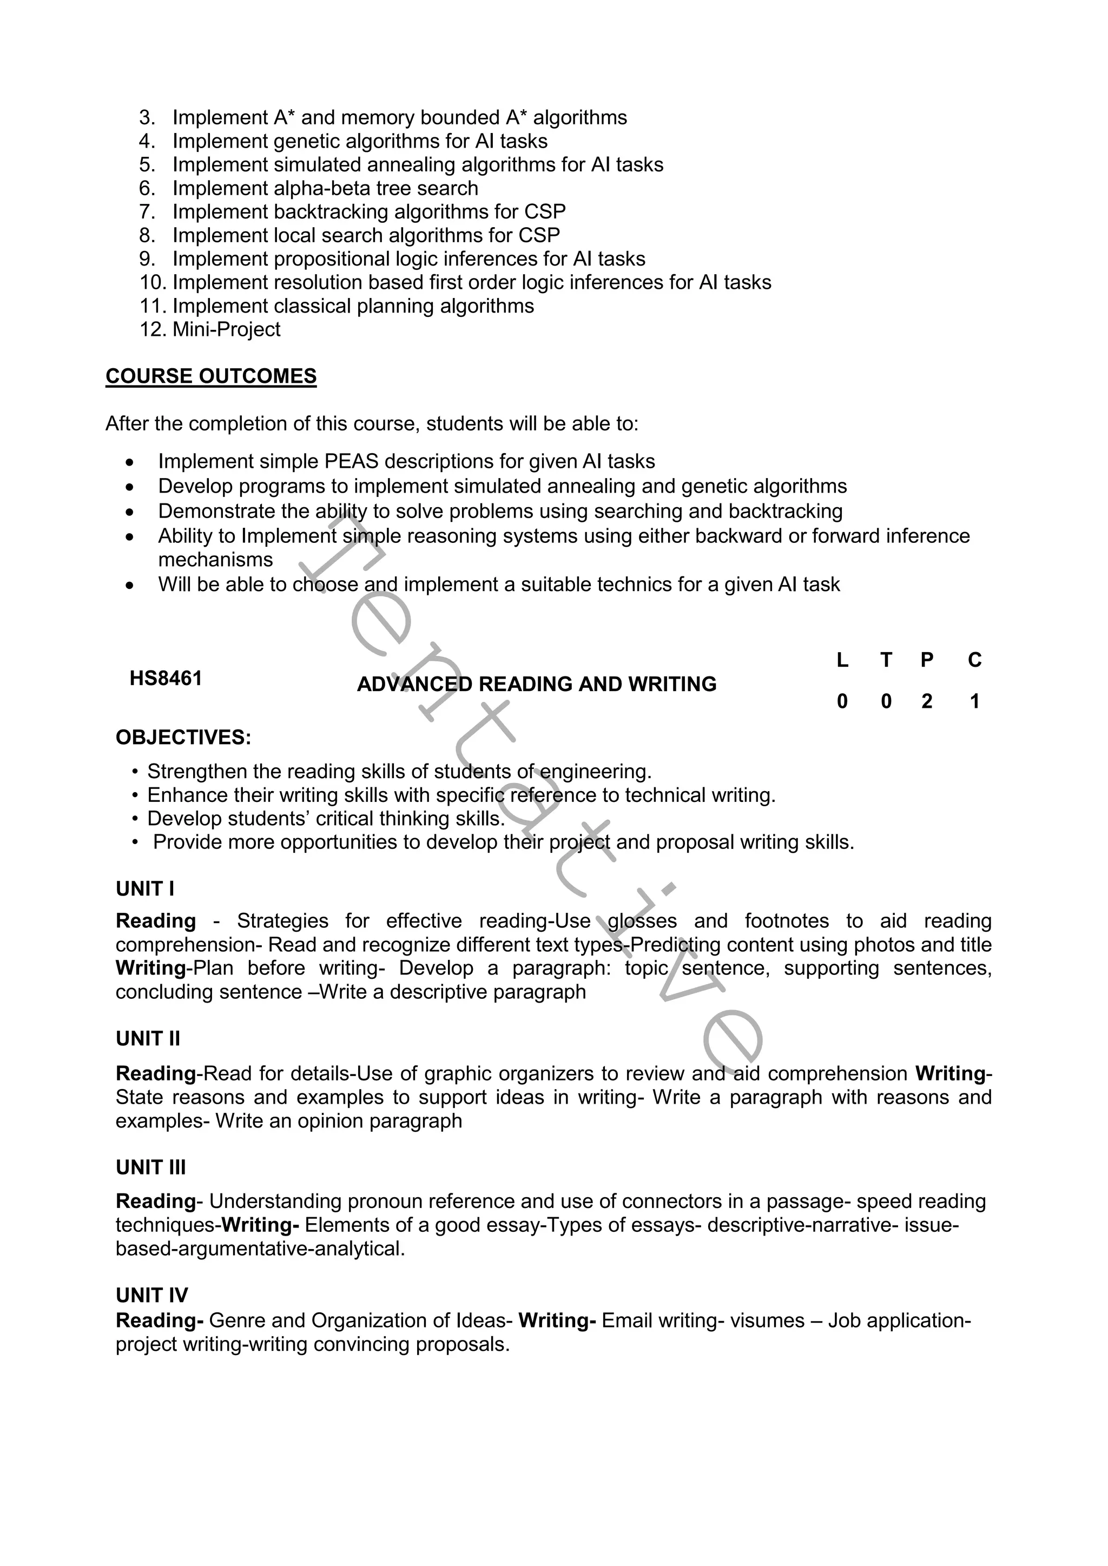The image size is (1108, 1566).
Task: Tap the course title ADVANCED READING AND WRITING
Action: (536, 684)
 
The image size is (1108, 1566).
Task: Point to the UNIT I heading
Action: (144, 889)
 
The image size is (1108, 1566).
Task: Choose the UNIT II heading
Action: (148, 1039)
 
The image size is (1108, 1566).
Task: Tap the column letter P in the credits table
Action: (927, 660)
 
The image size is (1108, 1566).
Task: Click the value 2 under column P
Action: (927, 701)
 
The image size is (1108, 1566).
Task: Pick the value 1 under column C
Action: (975, 701)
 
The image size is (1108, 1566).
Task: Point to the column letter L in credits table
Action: (842, 660)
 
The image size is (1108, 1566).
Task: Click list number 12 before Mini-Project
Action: (153, 329)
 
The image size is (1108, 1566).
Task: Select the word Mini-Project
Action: (227, 329)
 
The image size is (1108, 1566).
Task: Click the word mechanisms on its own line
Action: (216, 560)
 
